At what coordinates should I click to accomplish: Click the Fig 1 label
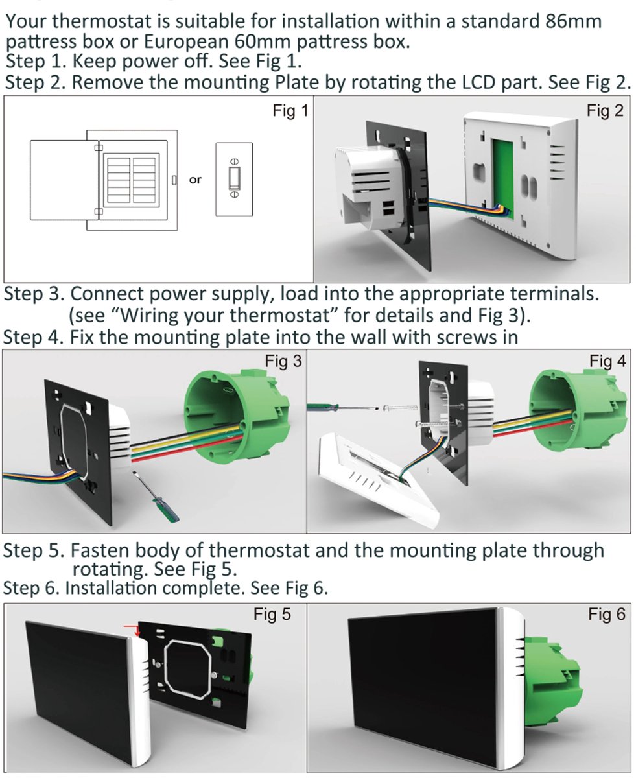290,112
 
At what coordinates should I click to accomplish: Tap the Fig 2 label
605,111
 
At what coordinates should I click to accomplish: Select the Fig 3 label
283,362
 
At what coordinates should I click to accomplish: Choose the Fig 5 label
272,615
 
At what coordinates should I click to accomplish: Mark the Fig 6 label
607,615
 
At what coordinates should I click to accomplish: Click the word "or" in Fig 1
195,180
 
